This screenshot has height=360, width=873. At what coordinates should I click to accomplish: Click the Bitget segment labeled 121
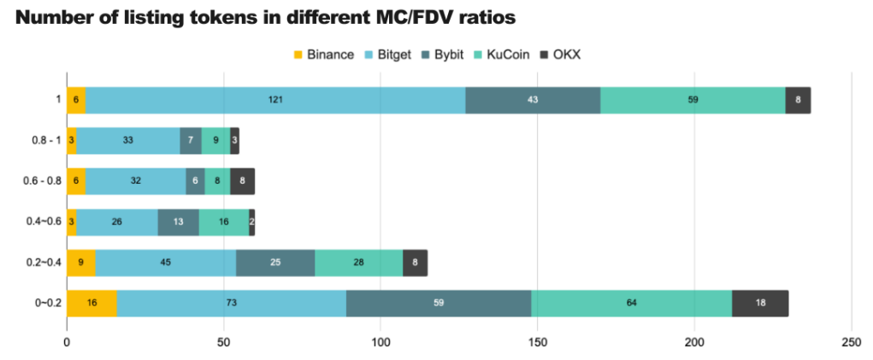pyautogui.click(x=275, y=100)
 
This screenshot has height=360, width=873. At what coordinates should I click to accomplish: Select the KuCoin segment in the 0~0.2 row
pyautogui.click(x=632, y=304)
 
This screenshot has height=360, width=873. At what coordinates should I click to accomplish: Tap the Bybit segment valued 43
pyautogui.click(x=533, y=100)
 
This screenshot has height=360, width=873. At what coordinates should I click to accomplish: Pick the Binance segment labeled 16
pyautogui.click(x=91, y=304)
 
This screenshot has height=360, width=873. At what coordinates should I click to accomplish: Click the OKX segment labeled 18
pyautogui.click(x=760, y=304)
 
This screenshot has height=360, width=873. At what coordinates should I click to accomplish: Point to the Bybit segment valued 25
pyautogui.click(x=275, y=263)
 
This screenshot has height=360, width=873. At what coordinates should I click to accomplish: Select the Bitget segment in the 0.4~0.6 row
pyautogui.click(x=116, y=222)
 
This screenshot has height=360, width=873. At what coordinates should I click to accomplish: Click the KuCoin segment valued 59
pyautogui.click(x=693, y=100)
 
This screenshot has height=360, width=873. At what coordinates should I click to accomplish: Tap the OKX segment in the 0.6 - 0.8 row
pyautogui.click(x=242, y=181)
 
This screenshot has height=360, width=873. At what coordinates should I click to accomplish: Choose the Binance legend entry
pyautogui.click(x=323, y=55)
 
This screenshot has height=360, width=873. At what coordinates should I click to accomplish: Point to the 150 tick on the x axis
pyautogui.click(x=538, y=342)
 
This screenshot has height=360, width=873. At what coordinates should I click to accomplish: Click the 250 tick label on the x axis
pyautogui.click(x=852, y=342)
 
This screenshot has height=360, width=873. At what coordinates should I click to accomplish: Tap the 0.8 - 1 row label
pyautogui.click(x=43, y=141)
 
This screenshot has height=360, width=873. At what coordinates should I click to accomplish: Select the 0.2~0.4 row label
pyautogui.click(x=43, y=263)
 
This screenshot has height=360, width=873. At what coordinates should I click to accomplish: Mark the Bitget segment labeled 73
pyautogui.click(x=231, y=304)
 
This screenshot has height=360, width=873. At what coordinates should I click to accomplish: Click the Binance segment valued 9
pyautogui.click(x=80, y=263)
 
